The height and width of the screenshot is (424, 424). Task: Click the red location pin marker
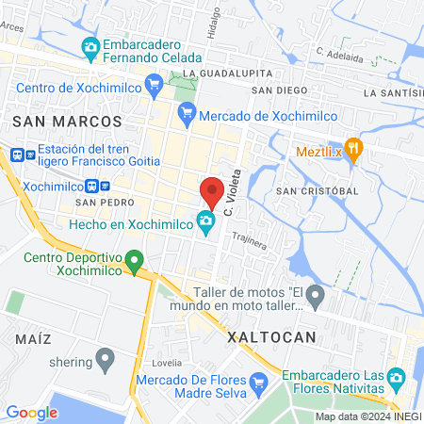[x=212, y=192]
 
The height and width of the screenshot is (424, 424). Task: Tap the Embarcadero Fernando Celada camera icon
[x=90, y=45]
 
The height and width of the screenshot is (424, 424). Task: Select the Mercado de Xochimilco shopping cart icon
[x=186, y=110]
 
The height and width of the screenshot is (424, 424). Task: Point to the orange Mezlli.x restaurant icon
[x=353, y=149]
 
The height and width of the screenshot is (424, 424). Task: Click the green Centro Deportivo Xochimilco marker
[x=135, y=259]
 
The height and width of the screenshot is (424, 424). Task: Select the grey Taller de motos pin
[x=316, y=298]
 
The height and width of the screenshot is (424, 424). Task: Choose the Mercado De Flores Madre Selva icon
[x=261, y=382]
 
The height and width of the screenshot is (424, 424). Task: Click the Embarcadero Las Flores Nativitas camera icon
[x=398, y=378]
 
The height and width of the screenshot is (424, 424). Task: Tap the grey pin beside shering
[x=106, y=359]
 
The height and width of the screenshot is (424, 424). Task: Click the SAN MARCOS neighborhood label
[x=67, y=122]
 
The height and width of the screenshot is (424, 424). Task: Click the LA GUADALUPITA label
[x=228, y=73]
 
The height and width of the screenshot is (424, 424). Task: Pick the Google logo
[x=32, y=412]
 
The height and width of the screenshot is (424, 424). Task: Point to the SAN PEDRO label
[x=99, y=203]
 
